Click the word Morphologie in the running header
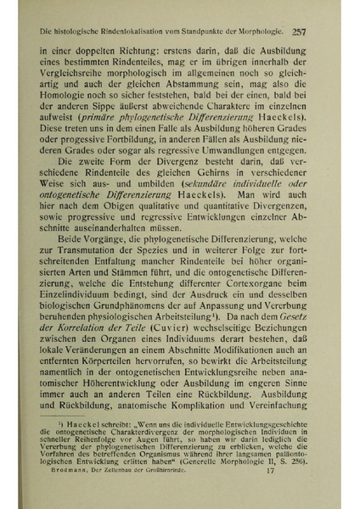[x=254, y=32]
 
